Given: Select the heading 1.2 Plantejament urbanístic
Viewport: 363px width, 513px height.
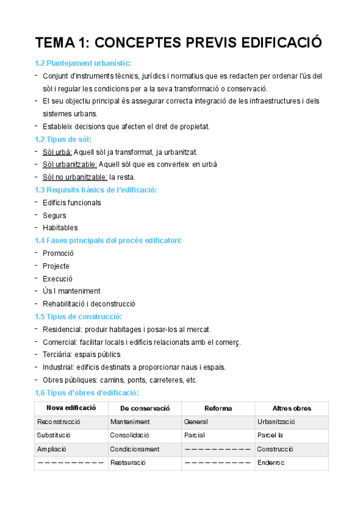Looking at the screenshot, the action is click(83, 64).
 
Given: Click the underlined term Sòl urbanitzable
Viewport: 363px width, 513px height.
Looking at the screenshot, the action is click(70, 165).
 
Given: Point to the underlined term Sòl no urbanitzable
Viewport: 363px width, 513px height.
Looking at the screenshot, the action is click(75, 177).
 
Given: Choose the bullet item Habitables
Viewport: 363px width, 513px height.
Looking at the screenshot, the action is click(60, 228).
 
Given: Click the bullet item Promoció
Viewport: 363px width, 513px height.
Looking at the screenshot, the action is click(58, 253).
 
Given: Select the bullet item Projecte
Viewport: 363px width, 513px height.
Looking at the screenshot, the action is click(56, 266).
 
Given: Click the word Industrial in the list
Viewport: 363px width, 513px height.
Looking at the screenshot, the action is click(58, 367).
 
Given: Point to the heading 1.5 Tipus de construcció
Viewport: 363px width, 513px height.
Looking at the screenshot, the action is click(79, 317).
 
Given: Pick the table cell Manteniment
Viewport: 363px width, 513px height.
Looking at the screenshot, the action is click(130, 422).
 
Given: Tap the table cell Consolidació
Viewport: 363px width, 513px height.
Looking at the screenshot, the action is click(130, 436).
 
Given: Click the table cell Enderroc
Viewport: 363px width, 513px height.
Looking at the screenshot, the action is click(270, 463).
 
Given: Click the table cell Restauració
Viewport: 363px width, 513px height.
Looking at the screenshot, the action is click(127, 463).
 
